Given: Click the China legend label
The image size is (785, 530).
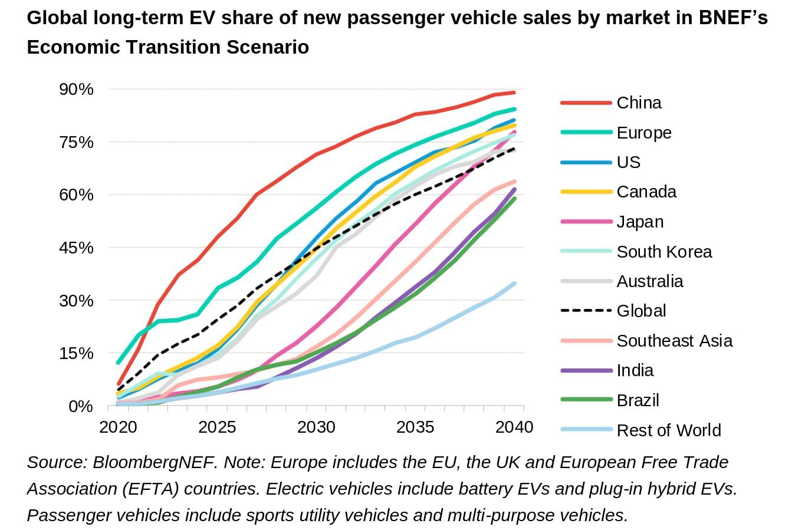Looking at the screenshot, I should pos(639,103).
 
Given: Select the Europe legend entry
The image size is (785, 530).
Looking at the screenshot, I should pos(644,133).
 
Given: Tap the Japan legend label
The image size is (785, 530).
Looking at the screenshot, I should pos(640,222).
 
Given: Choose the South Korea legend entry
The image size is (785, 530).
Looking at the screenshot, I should pos(664,252).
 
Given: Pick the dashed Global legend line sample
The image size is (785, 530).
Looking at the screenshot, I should pos(586,311).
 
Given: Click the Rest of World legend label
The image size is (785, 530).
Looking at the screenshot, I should pos(669,430).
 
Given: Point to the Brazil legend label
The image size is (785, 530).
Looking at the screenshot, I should pos(638,400).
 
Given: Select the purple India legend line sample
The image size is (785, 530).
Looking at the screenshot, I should pos(586,370).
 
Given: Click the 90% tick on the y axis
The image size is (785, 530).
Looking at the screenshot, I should pos(76,90).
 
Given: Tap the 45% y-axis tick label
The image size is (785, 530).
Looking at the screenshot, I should pos(76,248).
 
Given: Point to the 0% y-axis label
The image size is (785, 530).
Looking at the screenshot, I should pos(81,406).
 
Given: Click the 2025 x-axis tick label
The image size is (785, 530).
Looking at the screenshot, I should pos(217,427).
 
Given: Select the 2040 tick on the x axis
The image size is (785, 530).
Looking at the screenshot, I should pos(514,427).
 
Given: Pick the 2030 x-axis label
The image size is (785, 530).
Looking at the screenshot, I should pos(316,427).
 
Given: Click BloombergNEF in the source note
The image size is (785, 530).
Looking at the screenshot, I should pos(153,463).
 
